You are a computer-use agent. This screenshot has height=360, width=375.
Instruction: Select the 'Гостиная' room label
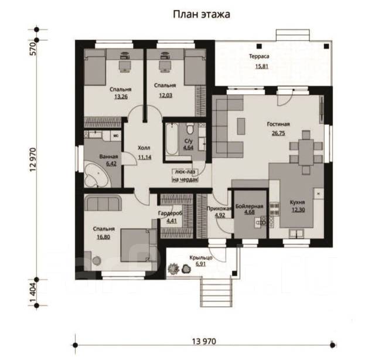coord(278,124)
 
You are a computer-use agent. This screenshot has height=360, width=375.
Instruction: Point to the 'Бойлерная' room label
coord(250,207)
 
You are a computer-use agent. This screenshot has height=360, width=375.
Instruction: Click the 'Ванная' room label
coord(110,157)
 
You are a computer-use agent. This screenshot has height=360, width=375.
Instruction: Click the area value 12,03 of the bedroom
coord(164,96)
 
